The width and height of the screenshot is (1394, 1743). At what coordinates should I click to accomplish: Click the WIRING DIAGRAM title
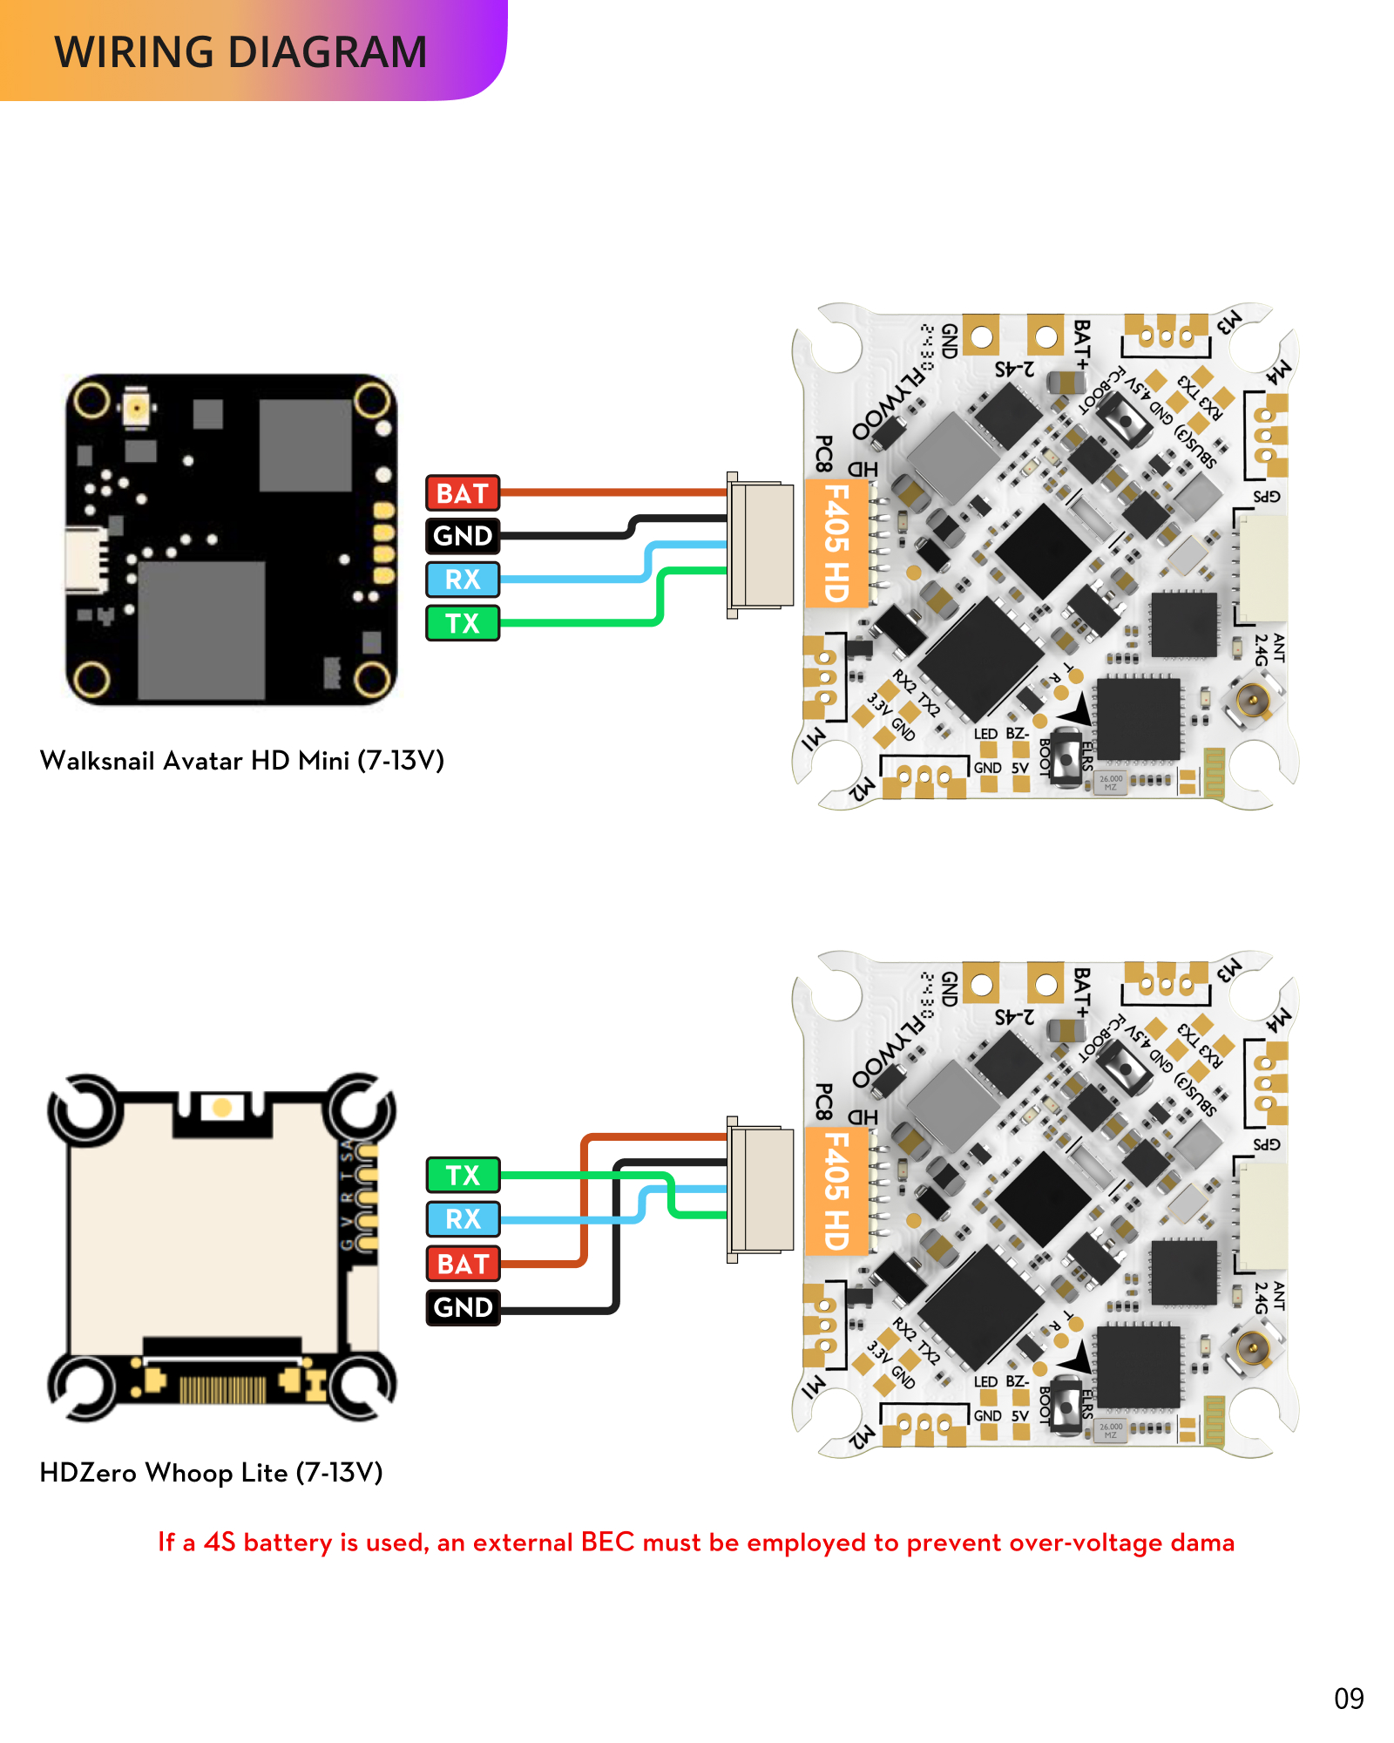[240, 52]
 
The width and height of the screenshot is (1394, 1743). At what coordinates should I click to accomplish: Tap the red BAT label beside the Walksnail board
[463, 493]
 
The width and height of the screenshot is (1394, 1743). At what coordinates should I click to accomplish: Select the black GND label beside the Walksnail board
[463, 536]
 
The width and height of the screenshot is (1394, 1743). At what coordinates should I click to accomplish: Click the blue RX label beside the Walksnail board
[463, 580]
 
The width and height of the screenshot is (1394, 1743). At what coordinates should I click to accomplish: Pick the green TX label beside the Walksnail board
[463, 623]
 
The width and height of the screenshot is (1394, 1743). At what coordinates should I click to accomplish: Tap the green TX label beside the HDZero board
[463, 1175]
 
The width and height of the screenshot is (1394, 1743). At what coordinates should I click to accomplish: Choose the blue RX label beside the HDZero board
[463, 1219]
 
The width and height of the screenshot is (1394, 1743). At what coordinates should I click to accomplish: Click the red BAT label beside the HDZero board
[463, 1264]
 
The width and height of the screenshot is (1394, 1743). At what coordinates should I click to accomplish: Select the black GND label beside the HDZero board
[463, 1307]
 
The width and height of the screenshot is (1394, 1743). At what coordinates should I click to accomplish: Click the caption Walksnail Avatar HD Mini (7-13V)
[242, 761]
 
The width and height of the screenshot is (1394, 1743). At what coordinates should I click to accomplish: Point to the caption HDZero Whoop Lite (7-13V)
[212, 1473]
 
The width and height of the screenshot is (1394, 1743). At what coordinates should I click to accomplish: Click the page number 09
[1349, 1699]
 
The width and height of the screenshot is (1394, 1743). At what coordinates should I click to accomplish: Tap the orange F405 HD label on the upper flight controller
[836, 543]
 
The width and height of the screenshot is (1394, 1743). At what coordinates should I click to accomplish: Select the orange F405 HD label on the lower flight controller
[836, 1190]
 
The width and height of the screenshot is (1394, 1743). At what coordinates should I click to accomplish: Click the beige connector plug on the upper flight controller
[761, 545]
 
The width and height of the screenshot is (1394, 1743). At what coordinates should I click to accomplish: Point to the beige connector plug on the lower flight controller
[761, 1190]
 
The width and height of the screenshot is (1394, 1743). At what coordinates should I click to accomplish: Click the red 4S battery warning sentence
[696, 1543]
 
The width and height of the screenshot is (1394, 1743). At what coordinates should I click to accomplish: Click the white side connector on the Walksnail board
[85, 559]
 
